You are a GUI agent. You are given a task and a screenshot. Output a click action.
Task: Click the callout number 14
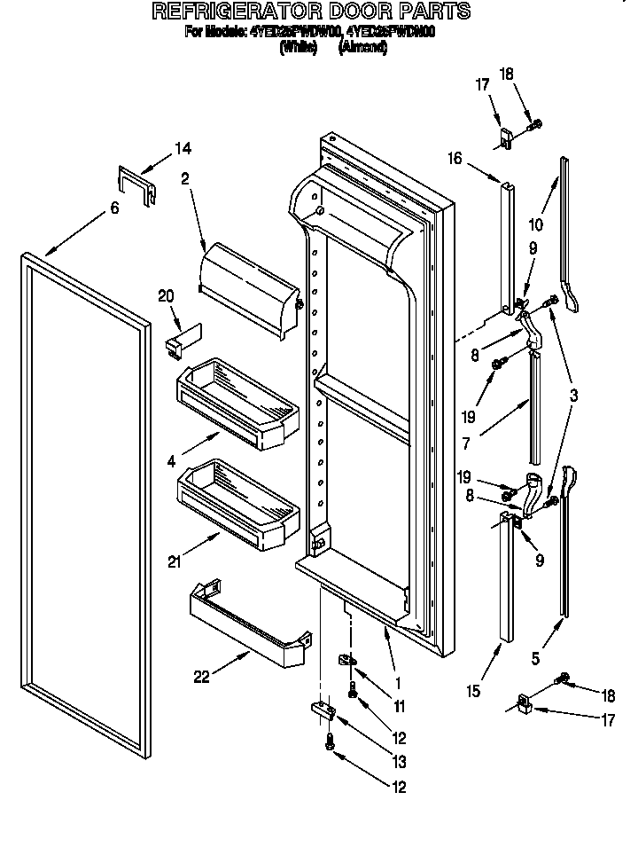pos(182,148)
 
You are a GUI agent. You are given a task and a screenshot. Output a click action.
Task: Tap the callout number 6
pos(114,208)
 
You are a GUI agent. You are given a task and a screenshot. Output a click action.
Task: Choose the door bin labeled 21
pos(237,503)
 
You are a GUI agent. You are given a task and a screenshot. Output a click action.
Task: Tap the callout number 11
pos(399,706)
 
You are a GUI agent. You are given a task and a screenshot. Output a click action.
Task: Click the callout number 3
pos(574,396)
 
